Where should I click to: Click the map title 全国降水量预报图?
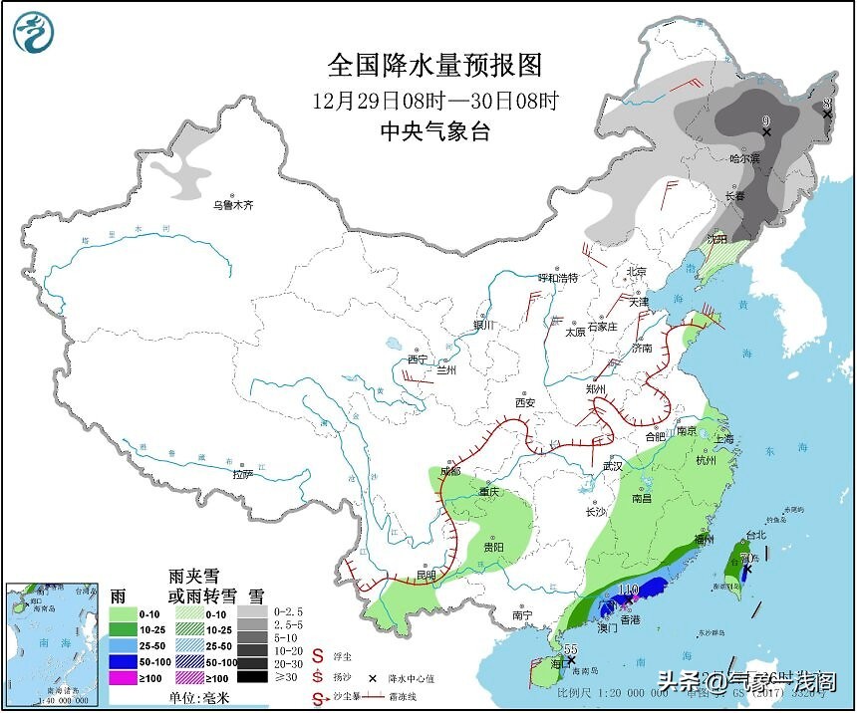tap(435, 66)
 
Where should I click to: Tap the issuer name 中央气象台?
tap(435, 131)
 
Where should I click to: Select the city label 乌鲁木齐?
tap(232, 205)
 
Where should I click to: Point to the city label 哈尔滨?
tap(743, 158)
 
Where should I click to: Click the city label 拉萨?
tap(243, 474)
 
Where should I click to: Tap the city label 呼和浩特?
tap(558, 277)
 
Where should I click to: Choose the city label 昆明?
tap(426, 576)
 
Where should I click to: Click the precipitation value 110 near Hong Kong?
tap(628, 590)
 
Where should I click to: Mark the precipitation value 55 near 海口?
tap(571, 649)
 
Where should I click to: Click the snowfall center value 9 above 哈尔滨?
tap(765, 121)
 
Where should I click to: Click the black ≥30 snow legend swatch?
tap(256, 677)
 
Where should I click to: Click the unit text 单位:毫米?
tap(198, 697)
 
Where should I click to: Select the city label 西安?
tap(525, 402)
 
